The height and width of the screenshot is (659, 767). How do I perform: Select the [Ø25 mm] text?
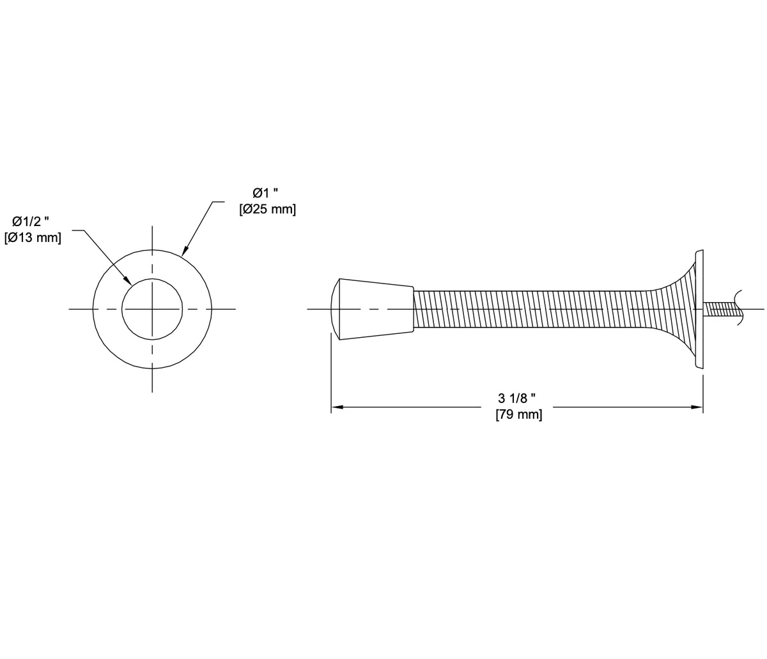[267, 209]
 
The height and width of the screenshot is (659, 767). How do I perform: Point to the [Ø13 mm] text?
[33, 238]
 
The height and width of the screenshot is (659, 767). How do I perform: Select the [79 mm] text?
[518, 415]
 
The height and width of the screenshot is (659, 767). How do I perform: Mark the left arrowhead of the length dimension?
[337, 407]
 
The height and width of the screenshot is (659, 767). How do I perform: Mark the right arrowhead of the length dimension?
[697, 407]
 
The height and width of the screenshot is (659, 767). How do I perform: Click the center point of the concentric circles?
[152, 309]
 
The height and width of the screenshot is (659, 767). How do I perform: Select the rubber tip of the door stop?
[376, 309]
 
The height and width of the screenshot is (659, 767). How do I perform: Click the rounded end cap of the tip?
[334, 309]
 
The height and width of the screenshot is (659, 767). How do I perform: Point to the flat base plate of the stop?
[700, 310]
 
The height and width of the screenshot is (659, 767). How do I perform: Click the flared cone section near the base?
[678, 310]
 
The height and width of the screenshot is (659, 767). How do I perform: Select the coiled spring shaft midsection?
[531, 310]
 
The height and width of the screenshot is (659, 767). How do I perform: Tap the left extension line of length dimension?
[331, 377]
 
